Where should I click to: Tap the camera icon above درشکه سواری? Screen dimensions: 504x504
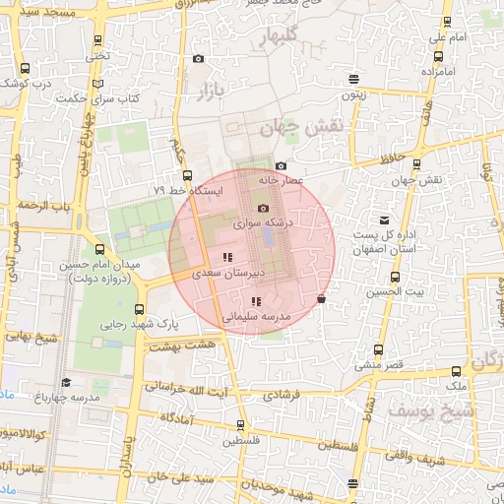click(263, 208)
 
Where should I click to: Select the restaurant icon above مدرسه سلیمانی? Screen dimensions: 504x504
click(256, 302)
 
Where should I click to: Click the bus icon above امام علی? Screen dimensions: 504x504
click(448, 22)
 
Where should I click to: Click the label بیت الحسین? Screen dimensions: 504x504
click(391, 291)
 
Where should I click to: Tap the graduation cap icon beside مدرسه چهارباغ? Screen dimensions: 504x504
click(66, 382)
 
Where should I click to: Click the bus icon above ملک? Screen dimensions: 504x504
click(456, 372)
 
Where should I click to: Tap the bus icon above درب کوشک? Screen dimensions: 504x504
click(25, 69)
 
